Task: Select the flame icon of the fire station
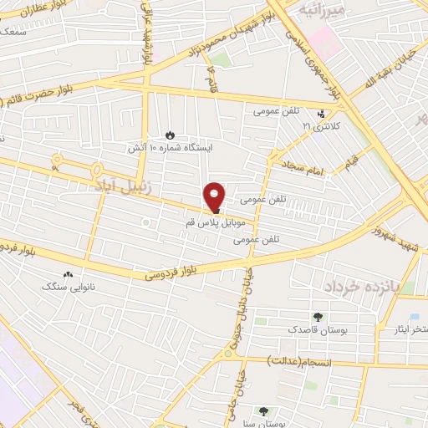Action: pyautogui.click(x=170, y=134)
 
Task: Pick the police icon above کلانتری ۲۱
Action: pyautogui.click(x=322, y=114)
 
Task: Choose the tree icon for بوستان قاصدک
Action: pyautogui.click(x=317, y=316)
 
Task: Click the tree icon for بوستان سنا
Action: pyautogui.click(x=264, y=410)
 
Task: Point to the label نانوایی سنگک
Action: pyautogui.click(x=66, y=286)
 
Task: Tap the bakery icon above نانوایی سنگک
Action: pyautogui.click(x=68, y=273)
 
